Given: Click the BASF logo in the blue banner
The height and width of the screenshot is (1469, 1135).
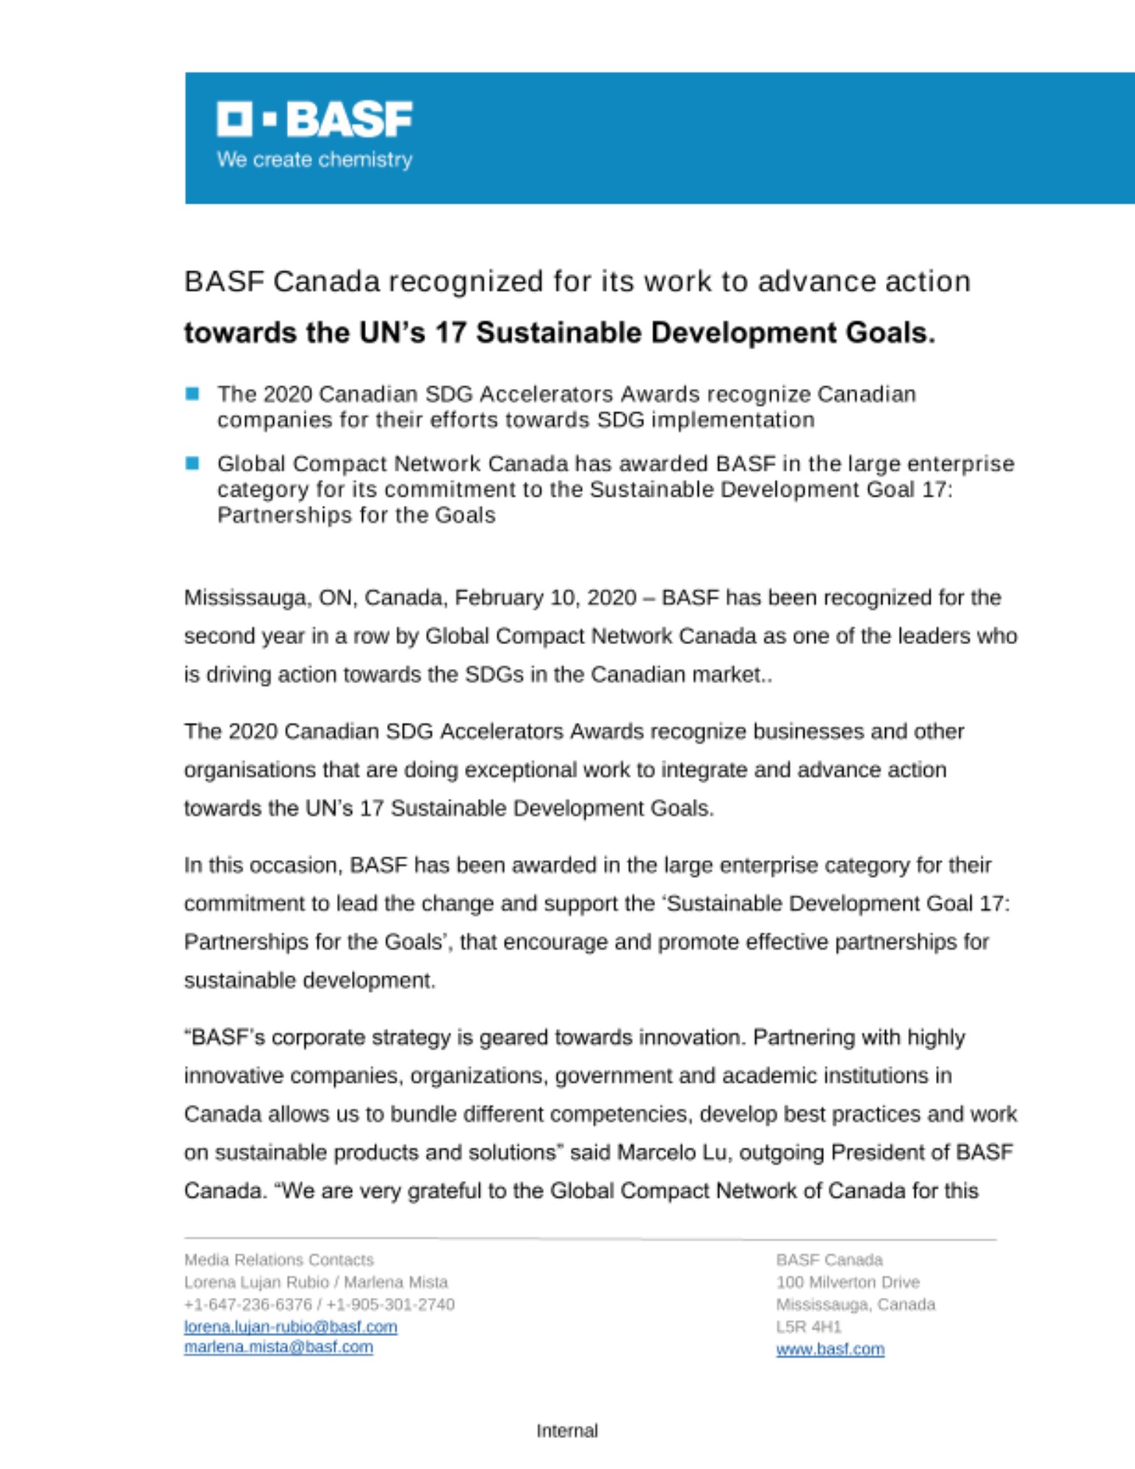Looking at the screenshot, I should tap(314, 120).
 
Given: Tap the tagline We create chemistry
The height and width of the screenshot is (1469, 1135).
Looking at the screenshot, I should tap(314, 159).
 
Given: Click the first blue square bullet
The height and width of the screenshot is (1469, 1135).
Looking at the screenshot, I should tap(192, 394).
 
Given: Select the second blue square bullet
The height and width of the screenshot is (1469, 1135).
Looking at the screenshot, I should tap(192, 463).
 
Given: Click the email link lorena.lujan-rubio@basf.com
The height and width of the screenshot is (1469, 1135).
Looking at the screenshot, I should tap(290, 1327).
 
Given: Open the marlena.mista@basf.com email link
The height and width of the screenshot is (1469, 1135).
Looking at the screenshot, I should tap(278, 1347).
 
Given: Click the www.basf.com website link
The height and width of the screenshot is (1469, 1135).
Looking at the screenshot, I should tap(830, 1349).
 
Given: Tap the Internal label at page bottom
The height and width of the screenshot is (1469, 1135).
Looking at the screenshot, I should tap(567, 1431).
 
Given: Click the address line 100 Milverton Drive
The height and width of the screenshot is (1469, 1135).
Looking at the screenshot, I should tap(848, 1282).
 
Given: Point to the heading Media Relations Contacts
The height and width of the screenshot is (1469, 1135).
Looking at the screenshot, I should tap(279, 1260).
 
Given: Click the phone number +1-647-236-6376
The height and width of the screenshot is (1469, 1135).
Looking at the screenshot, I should tap(248, 1304).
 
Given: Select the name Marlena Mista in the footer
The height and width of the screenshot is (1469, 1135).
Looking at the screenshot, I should tap(396, 1282).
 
